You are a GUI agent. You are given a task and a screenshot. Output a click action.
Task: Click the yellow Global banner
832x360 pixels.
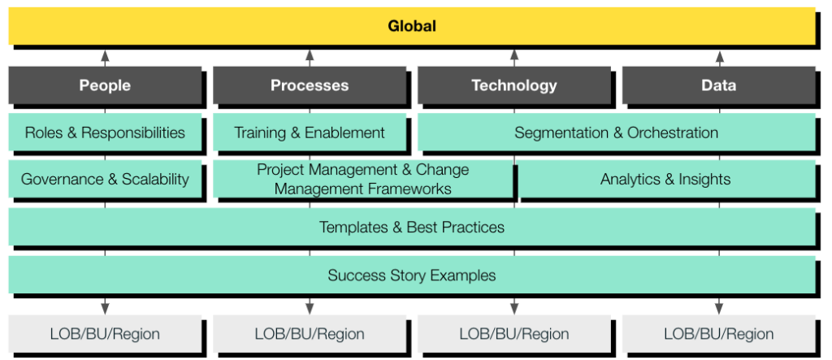point(412,26)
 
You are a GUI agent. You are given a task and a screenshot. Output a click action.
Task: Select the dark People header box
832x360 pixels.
point(105,85)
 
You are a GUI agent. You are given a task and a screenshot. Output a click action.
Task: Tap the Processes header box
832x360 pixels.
point(310,85)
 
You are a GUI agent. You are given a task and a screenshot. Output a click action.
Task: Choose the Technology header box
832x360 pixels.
point(514,85)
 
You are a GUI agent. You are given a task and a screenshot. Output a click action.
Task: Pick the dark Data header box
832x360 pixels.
point(719,85)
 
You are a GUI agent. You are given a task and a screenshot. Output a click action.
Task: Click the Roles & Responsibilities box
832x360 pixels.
point(105,132)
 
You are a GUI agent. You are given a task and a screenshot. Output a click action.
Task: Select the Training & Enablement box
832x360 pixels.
point(310,132)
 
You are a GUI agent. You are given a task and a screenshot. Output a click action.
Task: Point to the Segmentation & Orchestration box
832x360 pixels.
point(617,132)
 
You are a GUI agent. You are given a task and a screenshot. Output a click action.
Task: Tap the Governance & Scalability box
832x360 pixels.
point(105,179)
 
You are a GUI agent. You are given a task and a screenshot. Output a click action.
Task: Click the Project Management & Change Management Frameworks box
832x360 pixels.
point(363,179)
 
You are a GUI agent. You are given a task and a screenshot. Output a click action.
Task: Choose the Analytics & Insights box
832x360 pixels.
point(666,179)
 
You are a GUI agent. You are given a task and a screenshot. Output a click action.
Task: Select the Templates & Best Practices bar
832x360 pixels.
point(412,227)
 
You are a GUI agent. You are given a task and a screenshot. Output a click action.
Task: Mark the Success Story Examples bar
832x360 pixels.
point(412,275)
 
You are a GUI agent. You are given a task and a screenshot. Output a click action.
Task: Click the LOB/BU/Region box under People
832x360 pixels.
point(105,334)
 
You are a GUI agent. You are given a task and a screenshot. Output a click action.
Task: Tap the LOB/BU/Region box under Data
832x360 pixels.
point(719,334)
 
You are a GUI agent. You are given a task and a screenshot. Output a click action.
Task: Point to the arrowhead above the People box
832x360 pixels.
point(105,54)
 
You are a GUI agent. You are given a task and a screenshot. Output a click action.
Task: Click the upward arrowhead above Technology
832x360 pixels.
point(514,54)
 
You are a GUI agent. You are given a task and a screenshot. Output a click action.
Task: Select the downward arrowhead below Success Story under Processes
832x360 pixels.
point(310,309)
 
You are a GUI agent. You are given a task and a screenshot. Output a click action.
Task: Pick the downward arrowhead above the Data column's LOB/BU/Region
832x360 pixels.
point(719,309)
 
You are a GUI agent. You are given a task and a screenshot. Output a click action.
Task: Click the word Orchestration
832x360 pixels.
point(673,132)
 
